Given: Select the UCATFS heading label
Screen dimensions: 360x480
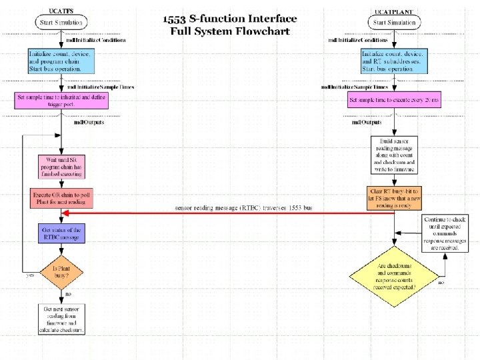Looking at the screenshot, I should [61, 11].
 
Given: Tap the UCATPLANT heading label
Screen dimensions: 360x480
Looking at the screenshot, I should [394, 11].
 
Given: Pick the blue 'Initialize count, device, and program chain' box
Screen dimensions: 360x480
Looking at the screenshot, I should [61, 61].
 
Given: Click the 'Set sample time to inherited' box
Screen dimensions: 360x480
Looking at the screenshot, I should [61, 101].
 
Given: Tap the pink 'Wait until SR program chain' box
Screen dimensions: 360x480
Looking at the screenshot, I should [61, 167].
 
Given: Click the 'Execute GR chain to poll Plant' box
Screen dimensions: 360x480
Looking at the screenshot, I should [61, 199].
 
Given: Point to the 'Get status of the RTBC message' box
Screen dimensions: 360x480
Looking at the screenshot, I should [61, 233].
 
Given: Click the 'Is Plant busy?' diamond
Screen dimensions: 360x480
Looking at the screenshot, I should [61, 273].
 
